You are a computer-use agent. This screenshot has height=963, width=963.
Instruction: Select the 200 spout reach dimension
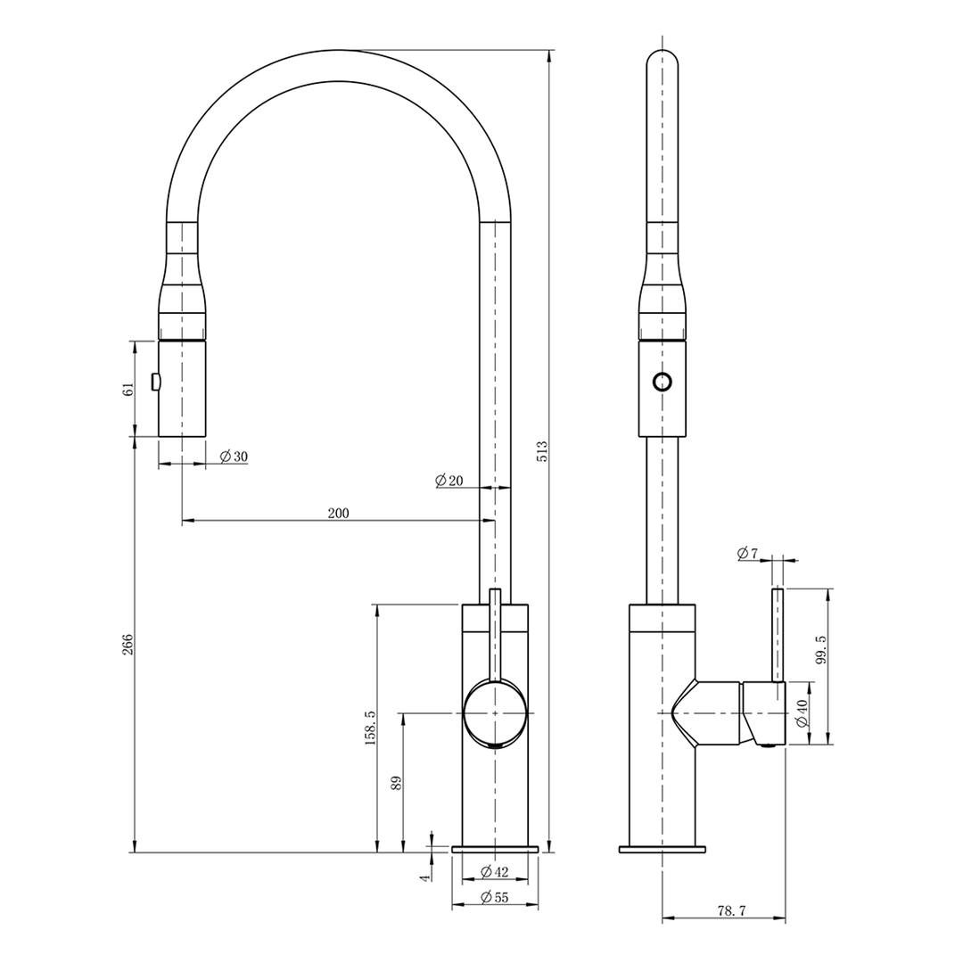(x=339, y=513)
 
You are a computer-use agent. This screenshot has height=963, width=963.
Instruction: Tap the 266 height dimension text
(x=127, y=645)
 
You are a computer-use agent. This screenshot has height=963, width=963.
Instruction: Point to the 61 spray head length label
(x=128, y=389)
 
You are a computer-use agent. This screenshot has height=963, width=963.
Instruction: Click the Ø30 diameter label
(x=234, y=457)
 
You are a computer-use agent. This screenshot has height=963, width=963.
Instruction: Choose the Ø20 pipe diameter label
(x=449, y=481)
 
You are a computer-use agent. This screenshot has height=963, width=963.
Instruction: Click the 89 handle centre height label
(x=397, y=782)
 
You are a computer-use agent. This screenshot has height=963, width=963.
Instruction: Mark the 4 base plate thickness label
(x=425, y=877)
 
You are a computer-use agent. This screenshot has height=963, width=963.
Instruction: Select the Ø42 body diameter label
(x=494, y=871)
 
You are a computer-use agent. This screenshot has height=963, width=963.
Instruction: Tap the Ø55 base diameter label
(x=494, y=898)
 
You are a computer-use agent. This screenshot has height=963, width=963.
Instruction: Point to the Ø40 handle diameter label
(x=802, y=712)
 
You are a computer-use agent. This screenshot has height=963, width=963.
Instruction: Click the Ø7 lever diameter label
(x=747, y=554)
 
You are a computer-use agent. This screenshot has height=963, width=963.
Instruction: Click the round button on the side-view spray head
(x=663, y=382)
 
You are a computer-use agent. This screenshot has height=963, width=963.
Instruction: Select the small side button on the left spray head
(x=156, y=382)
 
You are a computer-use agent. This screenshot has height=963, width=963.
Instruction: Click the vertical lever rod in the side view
(x=777, y=635)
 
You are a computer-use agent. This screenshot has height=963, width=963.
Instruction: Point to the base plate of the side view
(x=663, y=849)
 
